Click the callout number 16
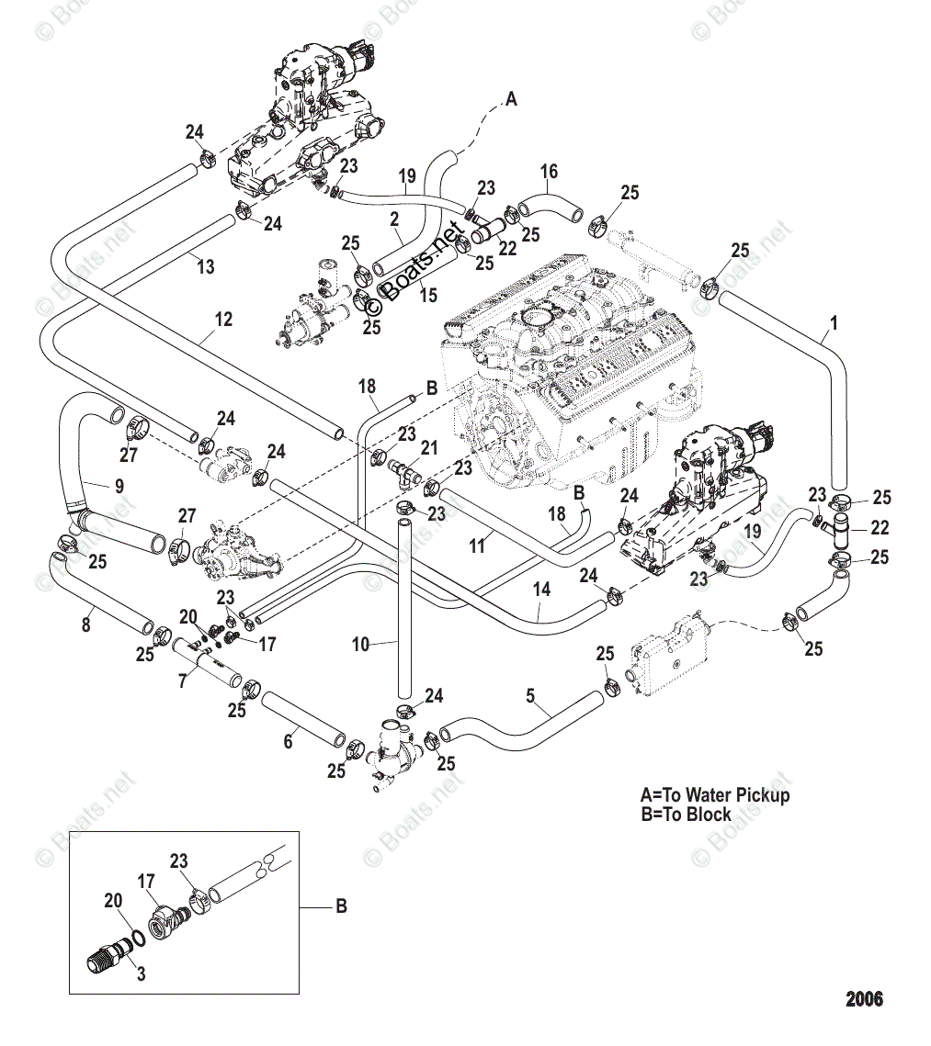pyautogui.click(x=549, y=172)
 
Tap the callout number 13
pyautogui.click(x=206, y=267)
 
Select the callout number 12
pyautogui.click(x=223, y=320)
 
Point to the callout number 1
pyautogui.click(x=834, y=323)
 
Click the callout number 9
pyautogui.click(x=119, y=486)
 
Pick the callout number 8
pyautogui.click(x=86, y=625)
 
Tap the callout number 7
pyautogui.click(x=183, y=681)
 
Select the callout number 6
pyautogui.click(x=289, y=741)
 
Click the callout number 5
pyautogui.click(x=530, y=696)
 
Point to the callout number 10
pyautogui.click(x=360, y=645)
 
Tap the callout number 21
pyautogui.click(x=429, y=447)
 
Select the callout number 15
pyautogui.click(x=428, y=295)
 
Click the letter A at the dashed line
pyautogui.click(x=511, y=99)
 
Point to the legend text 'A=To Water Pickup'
pyautogui.click(x=715, y=794)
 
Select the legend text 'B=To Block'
pyautogui.click(x=686, y=814)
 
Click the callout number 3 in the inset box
pyautogui.click(x=141, y=974)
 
